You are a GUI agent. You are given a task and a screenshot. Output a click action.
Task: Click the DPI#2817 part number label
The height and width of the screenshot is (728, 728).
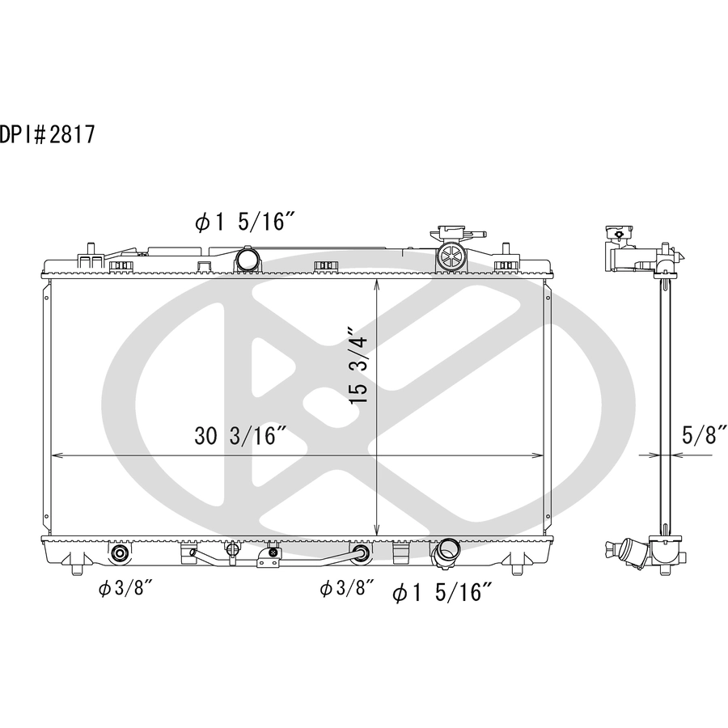tap(48, 134)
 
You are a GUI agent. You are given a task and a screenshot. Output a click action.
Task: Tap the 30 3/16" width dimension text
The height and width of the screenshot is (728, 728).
tap(239, 436)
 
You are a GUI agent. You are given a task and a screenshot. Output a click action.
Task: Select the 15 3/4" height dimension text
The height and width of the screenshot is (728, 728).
tap(358, 366)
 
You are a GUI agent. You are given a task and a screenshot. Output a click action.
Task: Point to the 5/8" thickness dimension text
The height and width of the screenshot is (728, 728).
tap(704, 434)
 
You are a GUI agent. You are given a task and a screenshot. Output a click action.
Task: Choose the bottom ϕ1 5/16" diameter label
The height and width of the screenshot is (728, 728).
tap(442, 592)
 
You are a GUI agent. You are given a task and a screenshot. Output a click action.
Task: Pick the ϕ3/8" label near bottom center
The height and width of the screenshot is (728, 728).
tap(347, 588)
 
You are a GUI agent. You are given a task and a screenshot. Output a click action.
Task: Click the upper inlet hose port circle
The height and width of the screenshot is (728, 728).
tap(247, 258)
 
